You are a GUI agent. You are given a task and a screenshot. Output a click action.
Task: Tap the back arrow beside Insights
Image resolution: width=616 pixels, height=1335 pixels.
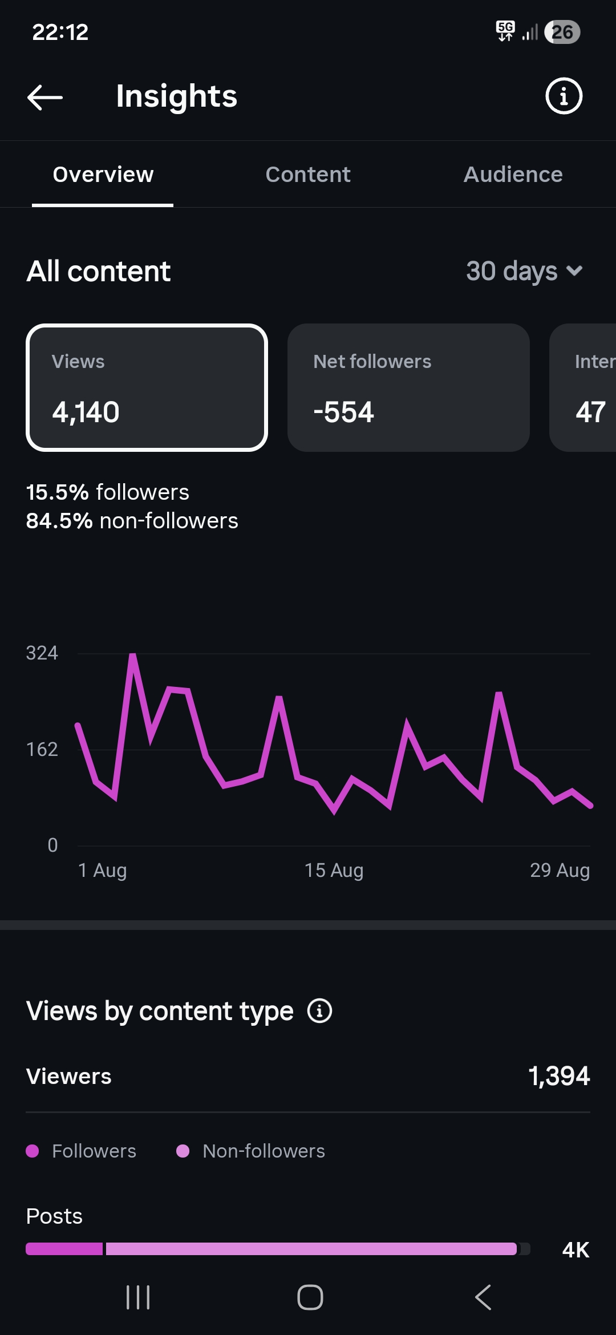tap(45, 97)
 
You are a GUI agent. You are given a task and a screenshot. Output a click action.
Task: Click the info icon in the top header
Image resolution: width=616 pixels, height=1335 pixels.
tap(564, 96)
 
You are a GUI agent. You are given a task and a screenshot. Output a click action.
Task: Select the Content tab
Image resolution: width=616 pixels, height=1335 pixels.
tap(308, 175)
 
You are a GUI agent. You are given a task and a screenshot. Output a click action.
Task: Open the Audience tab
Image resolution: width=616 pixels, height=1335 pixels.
tap(513, 175)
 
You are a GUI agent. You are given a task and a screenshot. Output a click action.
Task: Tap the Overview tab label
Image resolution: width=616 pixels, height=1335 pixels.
tap(103, 175)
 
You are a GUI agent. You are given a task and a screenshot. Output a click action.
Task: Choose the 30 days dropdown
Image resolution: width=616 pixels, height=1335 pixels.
tap(524, 271)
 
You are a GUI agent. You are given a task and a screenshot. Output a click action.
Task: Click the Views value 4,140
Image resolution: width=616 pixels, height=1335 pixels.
tap(86, 412)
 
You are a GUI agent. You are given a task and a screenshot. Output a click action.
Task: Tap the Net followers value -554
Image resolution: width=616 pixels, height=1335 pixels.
tap(343, 412)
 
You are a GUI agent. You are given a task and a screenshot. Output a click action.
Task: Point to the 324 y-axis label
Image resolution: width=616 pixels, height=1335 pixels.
tap(42, 653)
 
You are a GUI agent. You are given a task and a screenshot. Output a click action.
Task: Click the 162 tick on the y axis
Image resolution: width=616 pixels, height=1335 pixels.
tap(42, 749)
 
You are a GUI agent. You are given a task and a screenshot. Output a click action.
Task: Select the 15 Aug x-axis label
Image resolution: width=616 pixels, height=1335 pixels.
tap(334, 871)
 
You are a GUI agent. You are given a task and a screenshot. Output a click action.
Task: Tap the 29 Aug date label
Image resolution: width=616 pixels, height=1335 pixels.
tap(560, 871)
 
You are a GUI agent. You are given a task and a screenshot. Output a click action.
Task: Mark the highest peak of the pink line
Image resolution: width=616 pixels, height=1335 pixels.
tap(133, 656)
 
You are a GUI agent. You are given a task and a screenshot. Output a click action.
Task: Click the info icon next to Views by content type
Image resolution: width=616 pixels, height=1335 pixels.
tap(319, 1011)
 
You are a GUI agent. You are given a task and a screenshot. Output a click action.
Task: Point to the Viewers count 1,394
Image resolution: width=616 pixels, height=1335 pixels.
tap(559, 1076)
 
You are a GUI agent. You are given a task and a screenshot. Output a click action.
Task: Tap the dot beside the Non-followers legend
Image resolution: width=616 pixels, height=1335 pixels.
tap(183, 1151)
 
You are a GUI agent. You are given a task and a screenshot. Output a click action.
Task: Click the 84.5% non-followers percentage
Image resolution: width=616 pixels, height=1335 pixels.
tap(59, 521)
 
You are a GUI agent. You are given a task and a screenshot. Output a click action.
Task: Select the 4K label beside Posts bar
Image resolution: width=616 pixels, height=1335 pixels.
tap(576, 1250)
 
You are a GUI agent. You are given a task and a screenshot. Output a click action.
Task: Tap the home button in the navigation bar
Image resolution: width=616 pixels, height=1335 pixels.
tap(310, 1297)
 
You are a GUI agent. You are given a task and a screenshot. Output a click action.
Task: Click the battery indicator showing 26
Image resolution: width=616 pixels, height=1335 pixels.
tap(562, 32)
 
